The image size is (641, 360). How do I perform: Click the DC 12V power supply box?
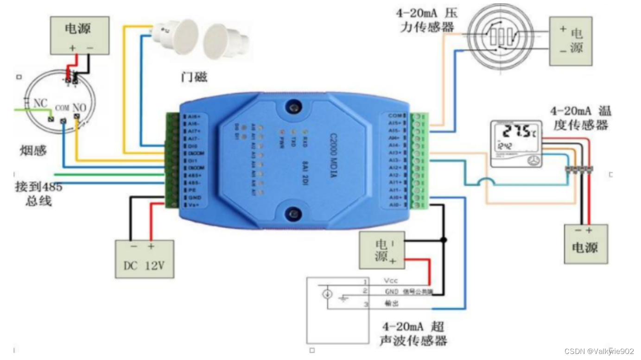click(145, 259)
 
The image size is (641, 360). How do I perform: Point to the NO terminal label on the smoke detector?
click(79, 107)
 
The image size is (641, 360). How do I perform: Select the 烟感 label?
click(33, 150)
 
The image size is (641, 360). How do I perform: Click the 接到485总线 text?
click(38, 194)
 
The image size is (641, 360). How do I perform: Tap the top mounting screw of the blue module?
click(292, 107)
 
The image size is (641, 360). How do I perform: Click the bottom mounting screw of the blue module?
click(293, 214)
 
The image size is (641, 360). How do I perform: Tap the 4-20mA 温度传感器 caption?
click(580, 118)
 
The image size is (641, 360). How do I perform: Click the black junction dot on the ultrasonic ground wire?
click(444, 240)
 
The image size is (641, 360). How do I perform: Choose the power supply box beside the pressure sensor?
click(571, 41)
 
